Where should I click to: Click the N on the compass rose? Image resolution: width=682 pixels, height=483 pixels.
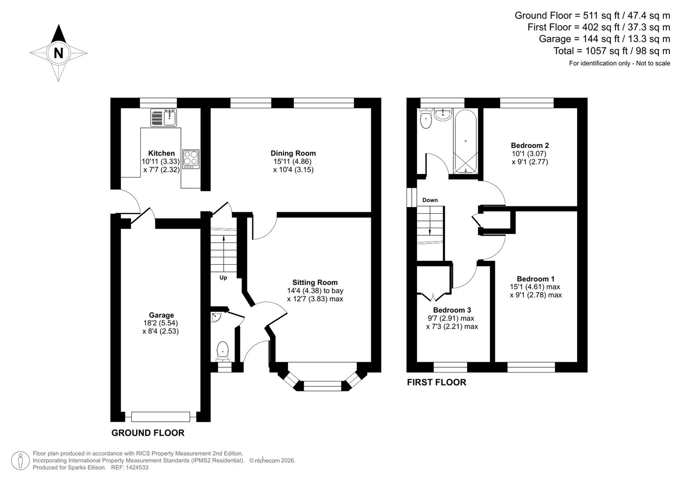coord(58,53)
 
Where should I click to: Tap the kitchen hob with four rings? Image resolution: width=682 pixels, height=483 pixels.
coord(191,159)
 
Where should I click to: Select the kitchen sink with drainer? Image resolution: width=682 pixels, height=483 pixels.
coord(163,118)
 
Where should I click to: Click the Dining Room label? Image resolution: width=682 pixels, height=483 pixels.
coord(293,153)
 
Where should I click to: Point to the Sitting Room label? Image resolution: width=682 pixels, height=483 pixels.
coord(315,282)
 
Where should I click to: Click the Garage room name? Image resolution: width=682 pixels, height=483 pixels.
coord(161,315)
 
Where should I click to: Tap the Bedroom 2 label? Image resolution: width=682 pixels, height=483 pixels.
coord(530,145)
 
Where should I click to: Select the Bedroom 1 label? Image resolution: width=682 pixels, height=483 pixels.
coord(536,279)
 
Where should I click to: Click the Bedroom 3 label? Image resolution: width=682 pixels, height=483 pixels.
coord(452,310)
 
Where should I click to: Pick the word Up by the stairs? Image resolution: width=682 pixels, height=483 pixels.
coord(223,278)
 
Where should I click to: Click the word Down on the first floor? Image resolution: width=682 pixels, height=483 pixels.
coord(430,200)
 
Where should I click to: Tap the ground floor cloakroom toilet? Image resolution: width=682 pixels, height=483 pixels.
coord(222,351)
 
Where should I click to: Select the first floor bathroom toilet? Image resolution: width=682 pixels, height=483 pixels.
coord(426,119)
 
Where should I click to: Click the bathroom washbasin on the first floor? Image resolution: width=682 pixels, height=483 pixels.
coord(443,114)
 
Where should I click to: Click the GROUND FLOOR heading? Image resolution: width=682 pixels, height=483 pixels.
coord(148,433)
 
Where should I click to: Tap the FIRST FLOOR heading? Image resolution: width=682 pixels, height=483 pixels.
coord(436,382)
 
